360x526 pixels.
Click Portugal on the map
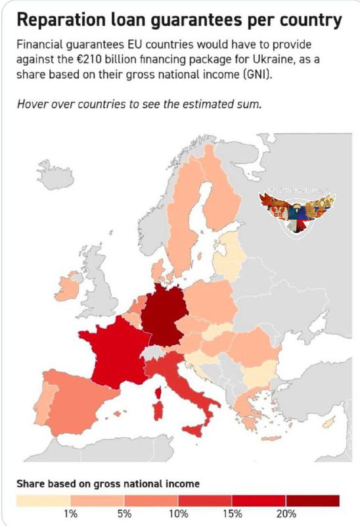click(39, 408)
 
